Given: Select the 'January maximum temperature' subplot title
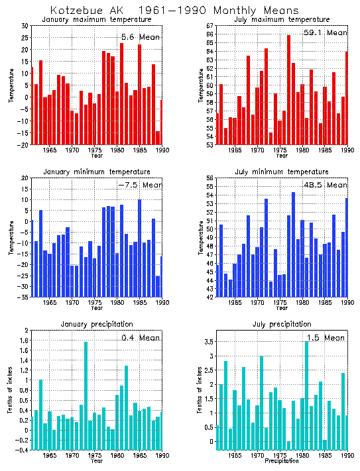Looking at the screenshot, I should point(97,20).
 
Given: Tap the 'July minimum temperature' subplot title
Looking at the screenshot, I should point(281,172).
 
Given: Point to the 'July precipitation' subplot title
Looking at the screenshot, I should point(281,324).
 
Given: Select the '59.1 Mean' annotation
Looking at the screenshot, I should point(324,32).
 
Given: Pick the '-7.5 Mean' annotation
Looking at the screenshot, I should point(139,185).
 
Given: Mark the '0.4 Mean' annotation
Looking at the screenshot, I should point(141,338).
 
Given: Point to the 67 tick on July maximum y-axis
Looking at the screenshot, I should point(210,26).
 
